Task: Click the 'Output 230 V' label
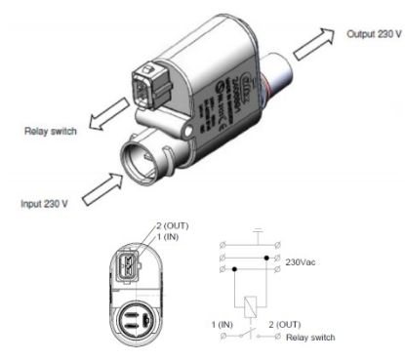point(373,33)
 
